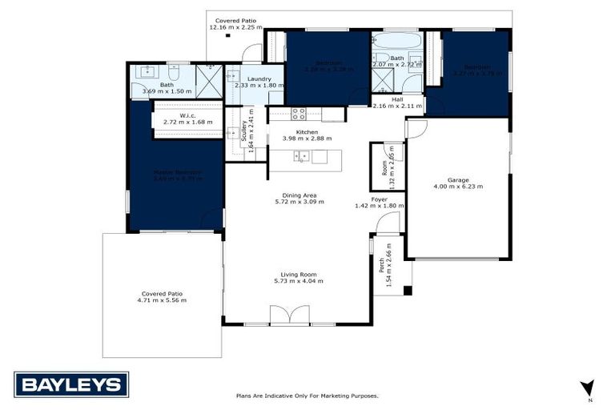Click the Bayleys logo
click(70, 384)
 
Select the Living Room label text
click(297, 274)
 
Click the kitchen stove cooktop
click(299, 114)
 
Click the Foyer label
click(379, 199)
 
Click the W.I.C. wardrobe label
click(188, 115)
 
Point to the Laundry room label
click(259, 78)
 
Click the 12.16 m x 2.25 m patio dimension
click(235, 27)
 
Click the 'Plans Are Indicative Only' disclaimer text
click(307, 396)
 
